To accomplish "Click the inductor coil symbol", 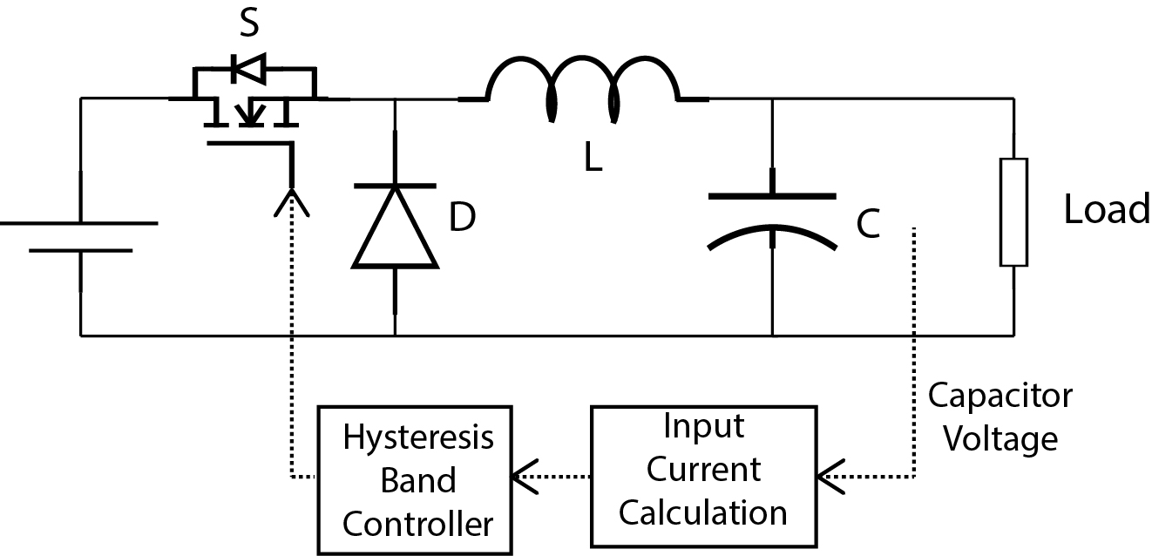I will click(x=582, y=87).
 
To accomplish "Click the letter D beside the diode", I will click(x=462, y=219).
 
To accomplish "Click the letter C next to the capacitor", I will click(x=868, y=225).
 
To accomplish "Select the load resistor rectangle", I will click(x=1013, y=212).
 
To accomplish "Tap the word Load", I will click(x=1107, y=210).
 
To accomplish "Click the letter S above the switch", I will click(x=249, y=25).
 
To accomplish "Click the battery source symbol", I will click(x=80, y=236).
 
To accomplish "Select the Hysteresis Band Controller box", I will click(x=414, y=478).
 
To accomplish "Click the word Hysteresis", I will click(x=418, y=437).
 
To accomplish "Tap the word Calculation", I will click(x=702, y=512).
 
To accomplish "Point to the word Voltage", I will click(x=1001, y=437).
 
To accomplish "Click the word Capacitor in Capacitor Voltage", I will click(x=1000, y=396).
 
